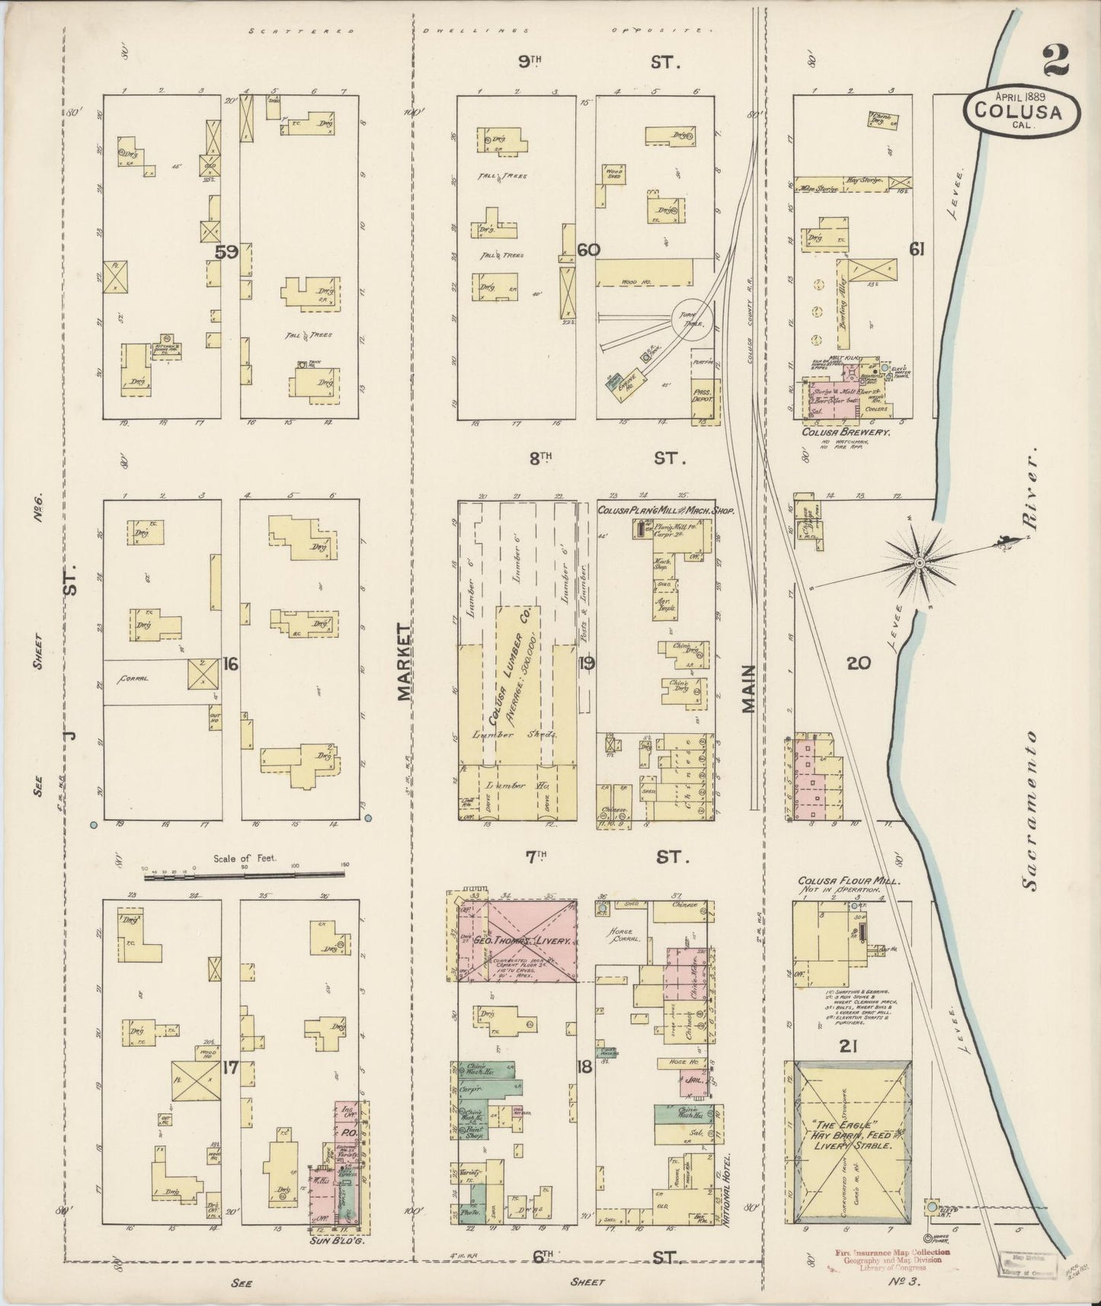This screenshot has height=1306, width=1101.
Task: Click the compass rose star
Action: coord(920,562)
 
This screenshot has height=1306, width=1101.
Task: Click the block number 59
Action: coord(226,252)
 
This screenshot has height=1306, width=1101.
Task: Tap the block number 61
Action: coord(916,248)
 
